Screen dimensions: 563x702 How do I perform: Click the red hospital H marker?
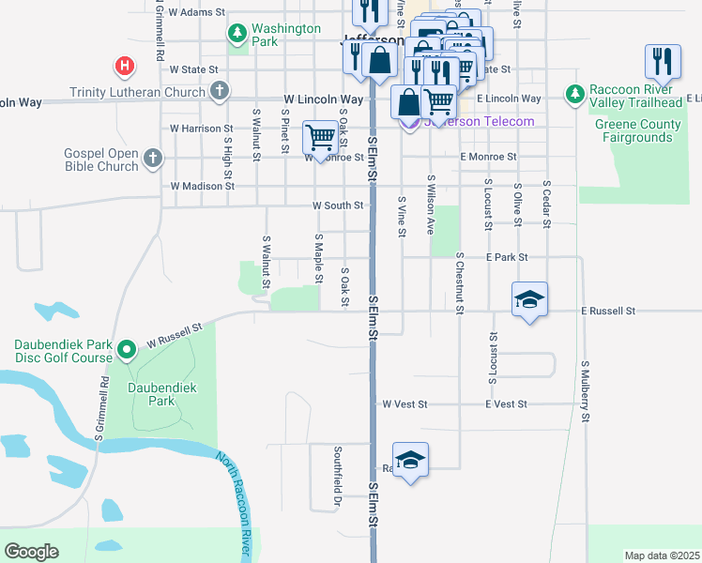124,67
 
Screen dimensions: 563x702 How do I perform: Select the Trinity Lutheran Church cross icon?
219,92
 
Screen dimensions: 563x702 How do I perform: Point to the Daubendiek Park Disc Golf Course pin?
127,352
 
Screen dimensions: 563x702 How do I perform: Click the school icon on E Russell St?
529,300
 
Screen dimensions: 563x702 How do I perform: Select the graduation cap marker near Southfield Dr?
410,460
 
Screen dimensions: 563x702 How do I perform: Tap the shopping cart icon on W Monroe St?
320,138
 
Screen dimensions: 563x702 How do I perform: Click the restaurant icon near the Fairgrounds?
663,62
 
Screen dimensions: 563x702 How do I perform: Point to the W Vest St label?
404,403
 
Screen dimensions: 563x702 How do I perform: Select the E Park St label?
507,257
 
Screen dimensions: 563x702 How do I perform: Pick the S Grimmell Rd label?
99,407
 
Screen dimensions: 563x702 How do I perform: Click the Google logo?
31,552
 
